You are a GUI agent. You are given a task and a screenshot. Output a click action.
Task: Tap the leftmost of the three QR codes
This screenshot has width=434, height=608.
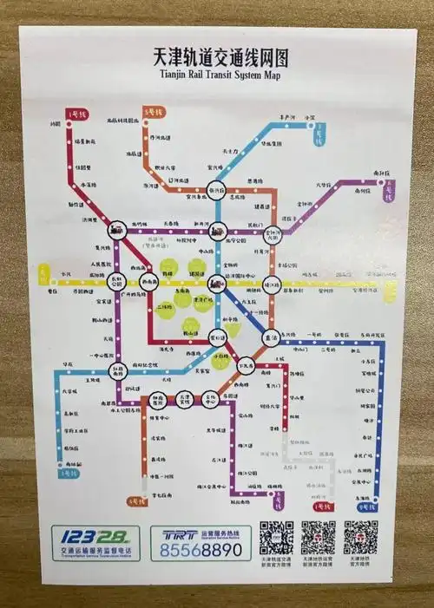pyautogui.click(x=277, y=537)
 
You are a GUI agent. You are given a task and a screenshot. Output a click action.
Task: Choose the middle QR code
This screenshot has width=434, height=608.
pyautogui.click(x=319, y=537)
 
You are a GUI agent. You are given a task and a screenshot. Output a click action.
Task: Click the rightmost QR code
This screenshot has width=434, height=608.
pyautogui.click(x=360, y=537)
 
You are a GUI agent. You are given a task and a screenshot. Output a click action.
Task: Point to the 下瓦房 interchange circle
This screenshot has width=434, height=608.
pyautogui.click(x=246, y=365)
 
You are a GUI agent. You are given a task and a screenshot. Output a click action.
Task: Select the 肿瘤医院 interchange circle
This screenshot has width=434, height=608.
pyautogui.click(x=156, y=401)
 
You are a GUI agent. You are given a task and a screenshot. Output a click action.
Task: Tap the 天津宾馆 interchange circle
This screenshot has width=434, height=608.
pyautogui.click(x=182, y=401)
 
